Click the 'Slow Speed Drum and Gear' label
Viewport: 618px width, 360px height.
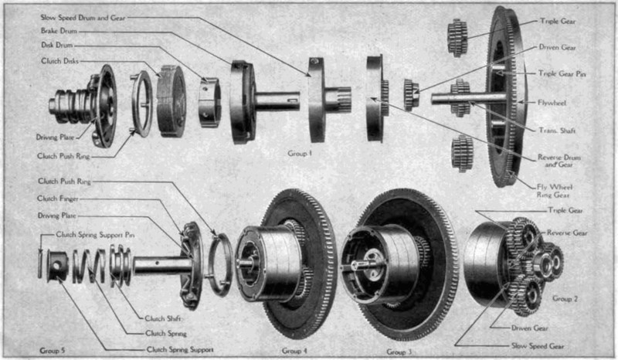pyautogui.click(x=83, y=18)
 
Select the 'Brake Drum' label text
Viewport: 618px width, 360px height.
pyautogui.click(x=59, y=31)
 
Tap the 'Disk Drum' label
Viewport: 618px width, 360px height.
pyautogui.click(x=56, y=46)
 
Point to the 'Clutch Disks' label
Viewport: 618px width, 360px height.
pyautogui.click(x=60, y=61)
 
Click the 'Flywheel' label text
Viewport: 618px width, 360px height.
pyautogui.click(x=552, y=103)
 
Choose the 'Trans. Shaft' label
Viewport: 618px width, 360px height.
pyautogui.click(x=557, y=130)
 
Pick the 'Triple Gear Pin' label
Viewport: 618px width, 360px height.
pyautogui.click(x=562, y=73)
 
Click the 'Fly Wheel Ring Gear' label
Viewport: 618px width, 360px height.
pyautogui.click(x=554, y=191)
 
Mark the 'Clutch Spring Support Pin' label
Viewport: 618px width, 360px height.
pyautogui.click(x=95, y=235)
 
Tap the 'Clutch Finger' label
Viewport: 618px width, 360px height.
pyautogui.click(x=58, y=199)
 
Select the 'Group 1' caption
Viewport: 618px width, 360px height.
pyautogui.click(x=300, y=154)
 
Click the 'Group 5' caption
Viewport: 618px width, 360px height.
pyautogui.click(x=52, y=351)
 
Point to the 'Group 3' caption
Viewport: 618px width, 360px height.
pyautogui.click(x=399, y=352)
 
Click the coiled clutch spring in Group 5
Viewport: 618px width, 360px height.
pyautogui.click(x=89, y=267)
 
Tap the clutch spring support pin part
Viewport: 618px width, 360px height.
pyautogui.click(x=40, y=263)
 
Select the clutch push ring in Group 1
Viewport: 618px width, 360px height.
pyautogui.click(x=142, y=104)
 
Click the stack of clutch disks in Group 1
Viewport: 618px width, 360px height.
pyautogui.click(x=171, y=101)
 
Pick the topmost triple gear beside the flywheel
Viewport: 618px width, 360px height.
pyautogui.click(x=457, y=37)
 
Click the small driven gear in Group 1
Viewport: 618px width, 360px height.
pyautogui.click(x=411, y=94)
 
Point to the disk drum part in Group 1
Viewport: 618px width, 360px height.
pyautogui.click(x=209, y=102)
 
